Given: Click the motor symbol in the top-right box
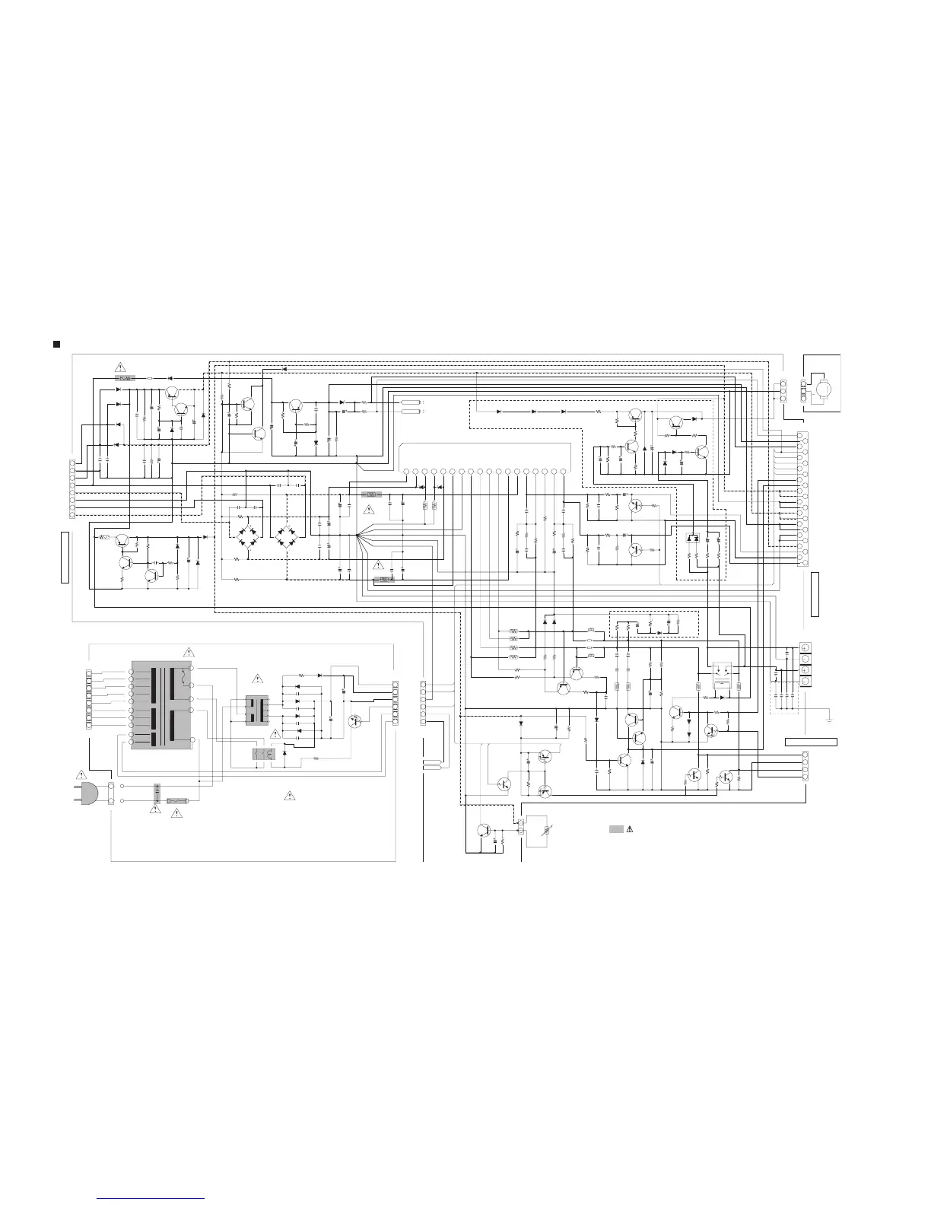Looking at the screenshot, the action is pos(822,388).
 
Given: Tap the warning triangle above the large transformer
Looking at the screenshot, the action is pos(189,651).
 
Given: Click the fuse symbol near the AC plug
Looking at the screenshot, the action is pos(177,801).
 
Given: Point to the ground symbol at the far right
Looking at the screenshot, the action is pos(829,720).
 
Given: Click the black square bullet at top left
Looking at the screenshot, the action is pos(56,345).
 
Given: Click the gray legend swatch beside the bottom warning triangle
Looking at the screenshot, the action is pos(616,828).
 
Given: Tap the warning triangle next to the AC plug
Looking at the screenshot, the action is pos(82,774).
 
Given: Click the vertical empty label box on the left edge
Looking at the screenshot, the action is pos(65,558).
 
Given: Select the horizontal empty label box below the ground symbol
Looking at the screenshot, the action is pos(811,741).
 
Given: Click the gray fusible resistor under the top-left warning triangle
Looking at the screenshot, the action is pos(124,377).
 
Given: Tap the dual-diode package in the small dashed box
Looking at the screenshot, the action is pos(692,538).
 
